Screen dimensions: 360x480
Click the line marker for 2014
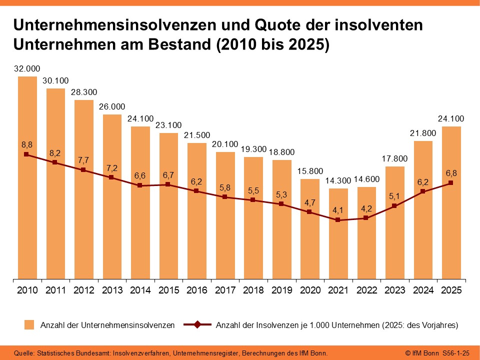click(x=140, y=185)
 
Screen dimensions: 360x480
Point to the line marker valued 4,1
click(x=338, y=220)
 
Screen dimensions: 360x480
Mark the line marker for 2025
click(x=451, y=183)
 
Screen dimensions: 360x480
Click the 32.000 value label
click(x=27, y=69)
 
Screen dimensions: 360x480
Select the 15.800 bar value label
click(x=310, y=171)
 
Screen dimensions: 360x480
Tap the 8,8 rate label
click(x=27, y=144)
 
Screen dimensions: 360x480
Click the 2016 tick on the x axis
click(x=196, y=290)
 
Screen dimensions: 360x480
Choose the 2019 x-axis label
click(x=281, y=290)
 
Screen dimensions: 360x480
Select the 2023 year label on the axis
click(x=395, y=290)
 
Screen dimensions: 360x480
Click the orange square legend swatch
click(x=30, y=325)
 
